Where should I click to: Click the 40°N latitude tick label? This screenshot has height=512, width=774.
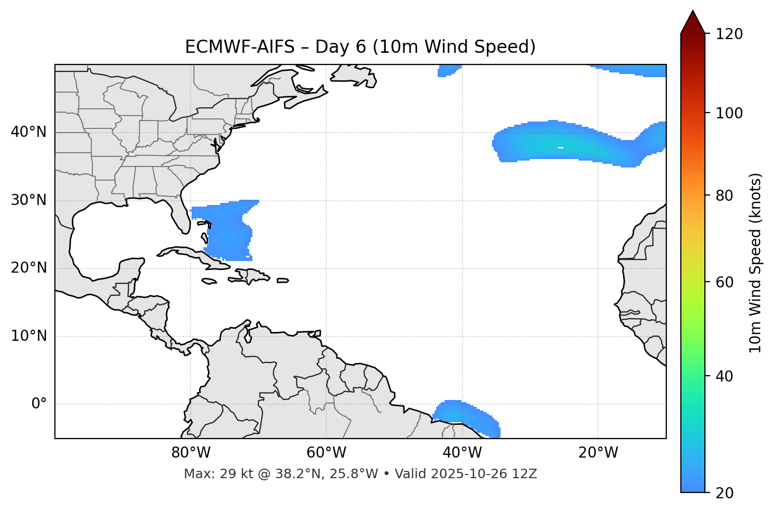pos(29,132)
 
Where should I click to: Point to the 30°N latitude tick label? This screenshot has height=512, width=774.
pos(29,200)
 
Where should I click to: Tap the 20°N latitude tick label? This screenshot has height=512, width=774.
pos(29,268)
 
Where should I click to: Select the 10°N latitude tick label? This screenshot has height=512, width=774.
pos(29,336)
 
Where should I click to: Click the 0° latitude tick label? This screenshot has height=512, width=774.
pos(39,404)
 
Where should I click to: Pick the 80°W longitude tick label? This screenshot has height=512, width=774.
pos(191,453)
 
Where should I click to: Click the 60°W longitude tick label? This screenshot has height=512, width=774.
pos(326,453)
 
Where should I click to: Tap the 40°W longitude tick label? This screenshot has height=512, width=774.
pos(462,453)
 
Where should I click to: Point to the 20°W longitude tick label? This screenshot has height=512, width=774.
pos(598,453)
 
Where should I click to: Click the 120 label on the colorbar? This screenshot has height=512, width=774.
pos(729,34)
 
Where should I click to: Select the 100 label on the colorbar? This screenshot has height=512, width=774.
pos(729,113)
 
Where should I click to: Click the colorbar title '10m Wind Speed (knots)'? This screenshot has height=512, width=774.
pos(756,263)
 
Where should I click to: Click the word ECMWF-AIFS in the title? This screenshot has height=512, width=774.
pos(239,47)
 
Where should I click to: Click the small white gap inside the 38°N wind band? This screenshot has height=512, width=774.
pos(561,147)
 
